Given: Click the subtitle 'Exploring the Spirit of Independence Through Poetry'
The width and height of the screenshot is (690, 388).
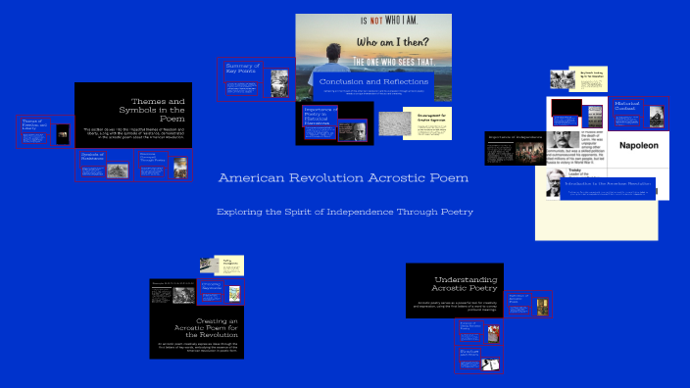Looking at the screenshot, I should click(x=344, y=212).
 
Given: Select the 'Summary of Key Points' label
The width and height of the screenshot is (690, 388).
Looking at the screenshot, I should click(x=240, y=69).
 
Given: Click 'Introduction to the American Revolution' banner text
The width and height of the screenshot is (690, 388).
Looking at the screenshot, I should click(x=602, y=183).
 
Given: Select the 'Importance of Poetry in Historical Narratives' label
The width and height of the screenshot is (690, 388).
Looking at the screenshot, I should click(x=320, y=117).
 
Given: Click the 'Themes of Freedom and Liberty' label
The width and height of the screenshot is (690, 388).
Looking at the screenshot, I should click(x=33, y=123).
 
